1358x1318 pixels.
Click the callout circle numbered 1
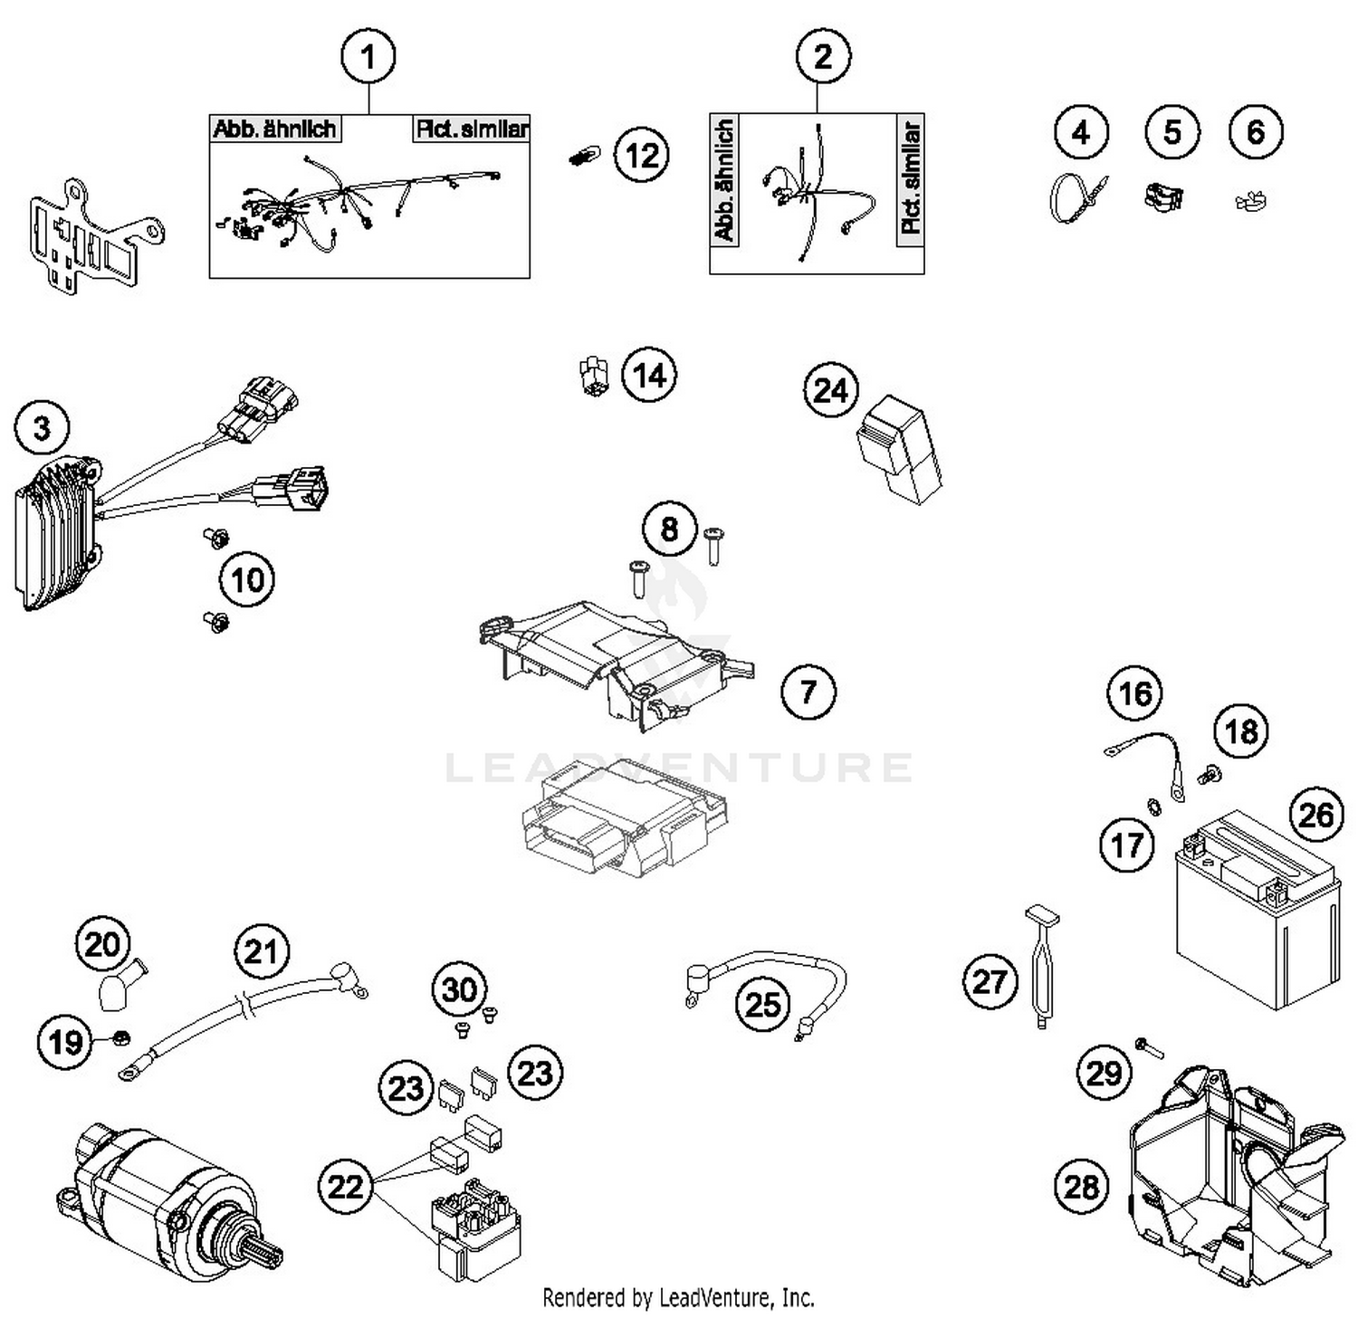pos(368,57)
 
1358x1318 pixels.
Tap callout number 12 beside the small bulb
pos(642,156)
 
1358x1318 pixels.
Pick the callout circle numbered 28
pos(1081,1185)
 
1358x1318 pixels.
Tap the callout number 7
pos(808,692)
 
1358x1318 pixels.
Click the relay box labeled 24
pos(899,450)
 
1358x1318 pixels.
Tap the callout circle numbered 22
pos(345,1186)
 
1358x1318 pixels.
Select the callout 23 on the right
pos(535,1073)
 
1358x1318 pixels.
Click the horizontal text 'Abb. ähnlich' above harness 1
pos(274,129)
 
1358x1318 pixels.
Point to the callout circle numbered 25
pos(762,1004)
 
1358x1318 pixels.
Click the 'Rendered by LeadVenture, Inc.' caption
pos(678,1297)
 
